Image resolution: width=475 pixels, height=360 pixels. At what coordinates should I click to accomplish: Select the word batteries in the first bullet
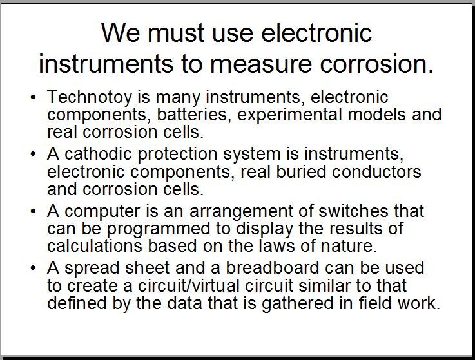[x=192, y=115]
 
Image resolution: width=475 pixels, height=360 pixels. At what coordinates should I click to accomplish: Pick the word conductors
[x=376, y=172]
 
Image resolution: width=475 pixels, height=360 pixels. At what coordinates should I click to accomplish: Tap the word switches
[x=353, y=211]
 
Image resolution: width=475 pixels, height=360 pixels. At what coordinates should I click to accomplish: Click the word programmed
[x=158, y=229]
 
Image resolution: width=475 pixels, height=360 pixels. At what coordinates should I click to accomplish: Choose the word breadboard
[x=273, y=268]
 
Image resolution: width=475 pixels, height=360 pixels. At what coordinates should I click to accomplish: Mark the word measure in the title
[x=260, y=64]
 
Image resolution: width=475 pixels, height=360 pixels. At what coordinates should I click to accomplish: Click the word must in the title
[x=175, y=33]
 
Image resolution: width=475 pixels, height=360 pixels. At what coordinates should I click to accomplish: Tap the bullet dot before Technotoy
[x=34, y=97]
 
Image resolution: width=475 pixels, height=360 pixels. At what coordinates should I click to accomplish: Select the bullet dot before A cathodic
[x=34, y=154]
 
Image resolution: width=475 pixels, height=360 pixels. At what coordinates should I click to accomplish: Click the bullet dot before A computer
[x=34, y=211]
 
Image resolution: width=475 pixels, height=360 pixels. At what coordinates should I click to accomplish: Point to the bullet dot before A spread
[x=34, y=269]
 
